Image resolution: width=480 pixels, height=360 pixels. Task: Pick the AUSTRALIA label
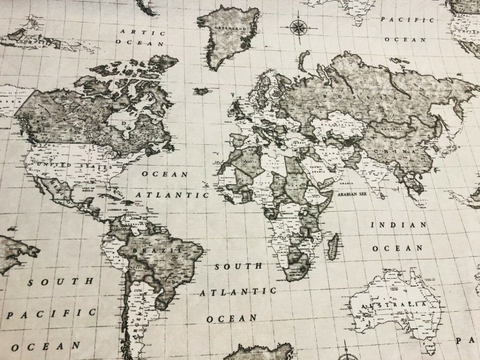(x=390, y=304)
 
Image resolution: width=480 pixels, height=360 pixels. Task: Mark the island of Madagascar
(x=334, y=246)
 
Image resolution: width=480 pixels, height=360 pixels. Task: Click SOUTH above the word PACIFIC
(x=61, y=282)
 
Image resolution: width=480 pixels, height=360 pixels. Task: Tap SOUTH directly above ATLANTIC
(x=239, y=267)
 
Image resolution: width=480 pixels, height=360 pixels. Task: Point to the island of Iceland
(x=201, y=91)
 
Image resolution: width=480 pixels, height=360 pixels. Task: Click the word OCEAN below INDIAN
(x=397, y=248)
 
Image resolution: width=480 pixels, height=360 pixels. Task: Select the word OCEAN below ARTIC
(x=142, y=44)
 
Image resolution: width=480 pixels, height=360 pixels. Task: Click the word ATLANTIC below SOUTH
(x=238, y=292)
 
